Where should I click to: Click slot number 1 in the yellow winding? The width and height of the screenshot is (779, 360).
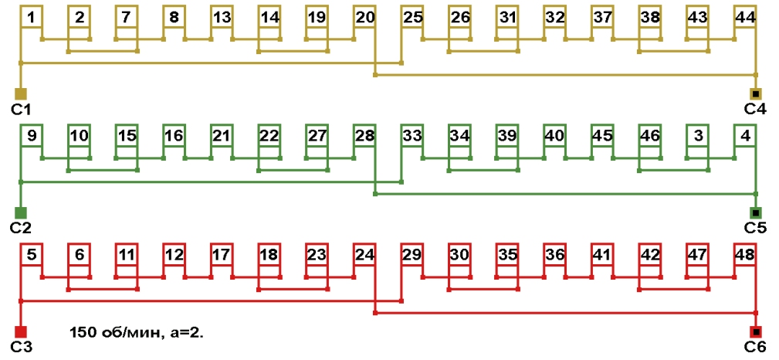click(x=31, y=16)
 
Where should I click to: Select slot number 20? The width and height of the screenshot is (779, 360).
click(x=365, y=16)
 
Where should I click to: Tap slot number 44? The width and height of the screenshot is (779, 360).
click(x=745, y=16)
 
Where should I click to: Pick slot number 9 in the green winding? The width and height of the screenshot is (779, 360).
click(x=31, y=136)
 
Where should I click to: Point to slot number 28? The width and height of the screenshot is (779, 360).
click(x=365, y=136)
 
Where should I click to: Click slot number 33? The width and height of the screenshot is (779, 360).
click(x=412, y=136)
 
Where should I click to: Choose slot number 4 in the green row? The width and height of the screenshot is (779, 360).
click(x=745, y=136)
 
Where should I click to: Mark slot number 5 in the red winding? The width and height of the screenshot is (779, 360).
click(x=31, y=254)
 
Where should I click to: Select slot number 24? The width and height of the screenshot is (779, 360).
click(x=365, y=254)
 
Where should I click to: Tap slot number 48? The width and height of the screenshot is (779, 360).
click(x=745, y=254)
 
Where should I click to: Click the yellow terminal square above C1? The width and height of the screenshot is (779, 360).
click(x=21, y=93)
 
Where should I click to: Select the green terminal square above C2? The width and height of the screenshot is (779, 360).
click(x=21, y=212)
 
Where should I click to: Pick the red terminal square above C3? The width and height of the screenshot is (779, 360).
click(x=21, y=331)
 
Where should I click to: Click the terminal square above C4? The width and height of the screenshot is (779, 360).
click(x=756, y=93)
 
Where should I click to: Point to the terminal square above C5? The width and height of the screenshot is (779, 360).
click(x=756, y=212)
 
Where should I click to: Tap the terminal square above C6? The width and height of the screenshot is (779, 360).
click(x=756, y=331)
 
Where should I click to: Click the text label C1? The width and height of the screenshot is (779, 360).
click(x=21, y=109)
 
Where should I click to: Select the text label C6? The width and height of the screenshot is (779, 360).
click(x=755, y=347)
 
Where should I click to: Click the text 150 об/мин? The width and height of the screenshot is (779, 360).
click(x=113, y=333)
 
